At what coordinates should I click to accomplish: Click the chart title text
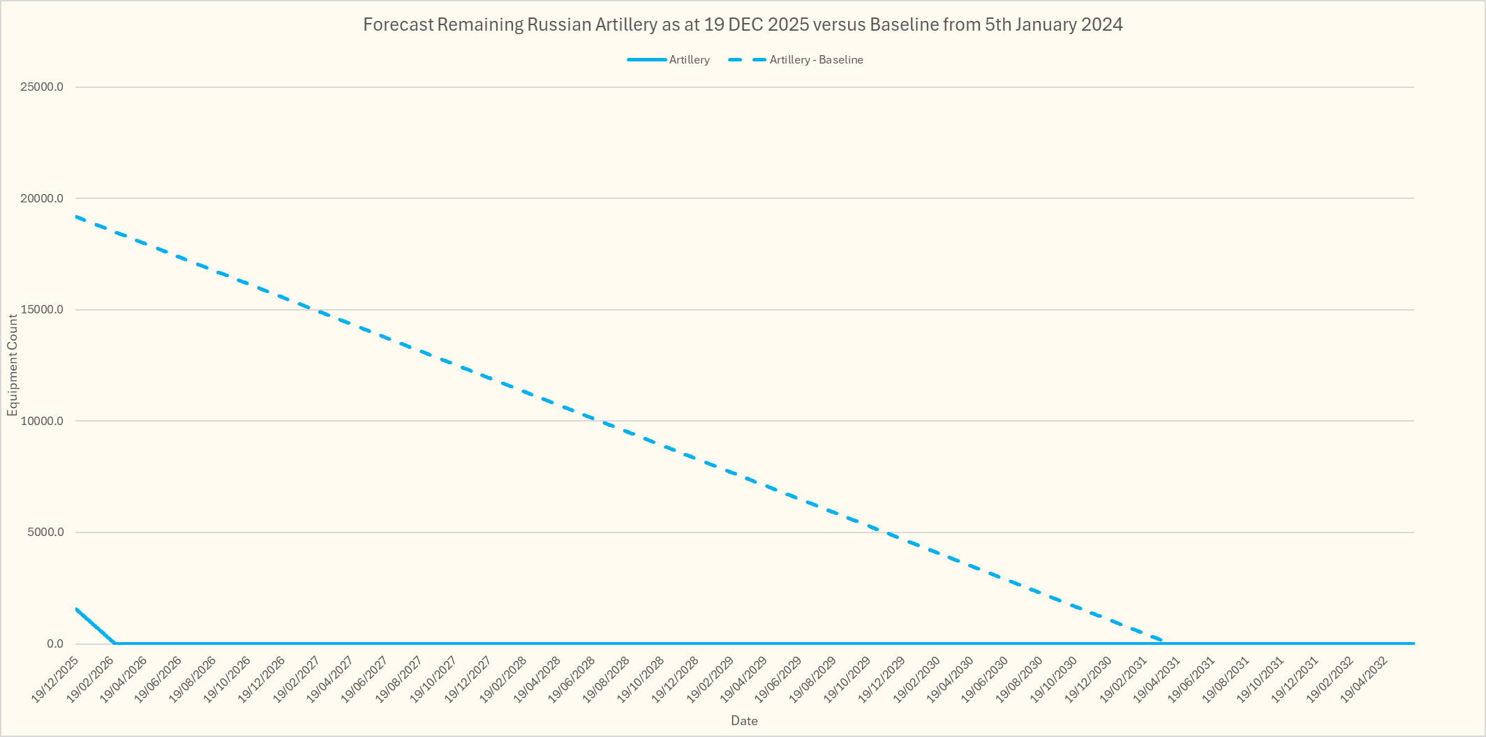(743, 25)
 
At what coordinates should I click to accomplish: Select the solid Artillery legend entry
(689, 60)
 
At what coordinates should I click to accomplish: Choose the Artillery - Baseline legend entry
(816, 60)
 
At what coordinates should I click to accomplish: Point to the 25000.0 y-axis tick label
(42, 87)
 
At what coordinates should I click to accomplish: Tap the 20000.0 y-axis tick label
(42, 198)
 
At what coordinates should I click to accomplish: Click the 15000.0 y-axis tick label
(42, 310)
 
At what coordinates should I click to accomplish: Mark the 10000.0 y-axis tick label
(42, 421)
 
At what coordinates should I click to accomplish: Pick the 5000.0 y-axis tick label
(44, 533)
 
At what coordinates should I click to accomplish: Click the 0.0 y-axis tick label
(55, 643)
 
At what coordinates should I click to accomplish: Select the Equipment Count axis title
(13, 365)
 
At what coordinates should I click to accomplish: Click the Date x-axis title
(744, 721)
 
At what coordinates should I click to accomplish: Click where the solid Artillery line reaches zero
(114, 643)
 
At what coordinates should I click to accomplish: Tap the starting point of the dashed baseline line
(76, 217)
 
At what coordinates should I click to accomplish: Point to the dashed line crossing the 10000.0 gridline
(597, 421)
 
